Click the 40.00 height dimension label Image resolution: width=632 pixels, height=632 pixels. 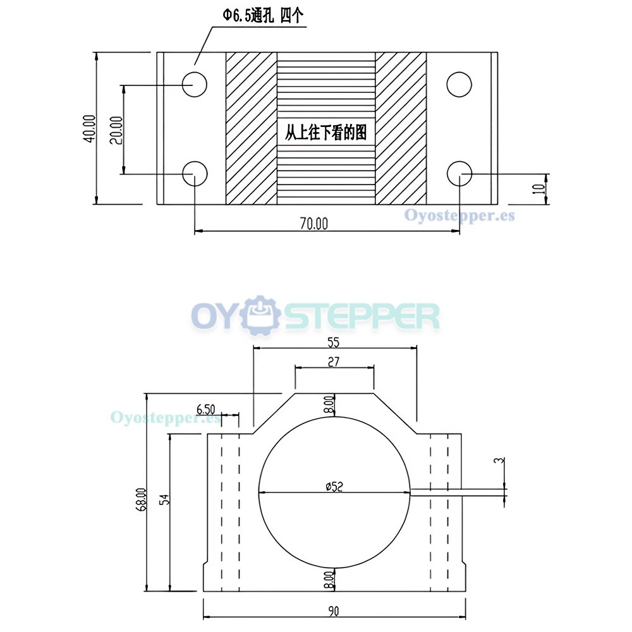click(x=90, y=128)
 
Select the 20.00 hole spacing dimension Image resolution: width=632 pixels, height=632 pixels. click(x=116, y=130)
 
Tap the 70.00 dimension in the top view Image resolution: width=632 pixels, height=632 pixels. click(x=314, y=223)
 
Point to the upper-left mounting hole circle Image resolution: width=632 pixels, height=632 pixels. click(x=194, y=85)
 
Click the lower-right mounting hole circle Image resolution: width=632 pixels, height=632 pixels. click(x=459, y=174)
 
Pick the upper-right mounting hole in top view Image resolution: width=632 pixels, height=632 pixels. click(x=459, y=85)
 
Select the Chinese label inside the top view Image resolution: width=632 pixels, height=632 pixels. click(x=325, y=133)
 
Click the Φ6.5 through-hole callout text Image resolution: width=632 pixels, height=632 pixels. click(x=263, y=16)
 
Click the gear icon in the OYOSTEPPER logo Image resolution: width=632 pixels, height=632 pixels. click(x=260, y=315)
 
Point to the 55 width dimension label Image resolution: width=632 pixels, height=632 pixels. click(x=333, y=342)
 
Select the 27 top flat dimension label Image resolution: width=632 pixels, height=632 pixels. click(x=334, y=362)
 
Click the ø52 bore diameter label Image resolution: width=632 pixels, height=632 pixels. click(x=334, y=487)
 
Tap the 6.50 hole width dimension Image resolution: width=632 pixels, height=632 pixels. click(x=205, y=410)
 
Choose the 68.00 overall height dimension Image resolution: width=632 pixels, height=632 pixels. click(x=142, y=500)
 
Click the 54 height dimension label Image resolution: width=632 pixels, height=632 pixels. click(x=164, y=499)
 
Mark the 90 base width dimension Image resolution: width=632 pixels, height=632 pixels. click(x=334, y=611)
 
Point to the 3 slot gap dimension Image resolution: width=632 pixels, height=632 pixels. click(x=500, y=460)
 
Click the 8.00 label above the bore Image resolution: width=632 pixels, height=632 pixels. click(x=329, y=404)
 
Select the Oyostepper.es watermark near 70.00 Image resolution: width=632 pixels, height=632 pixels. click(x=459, y=215)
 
